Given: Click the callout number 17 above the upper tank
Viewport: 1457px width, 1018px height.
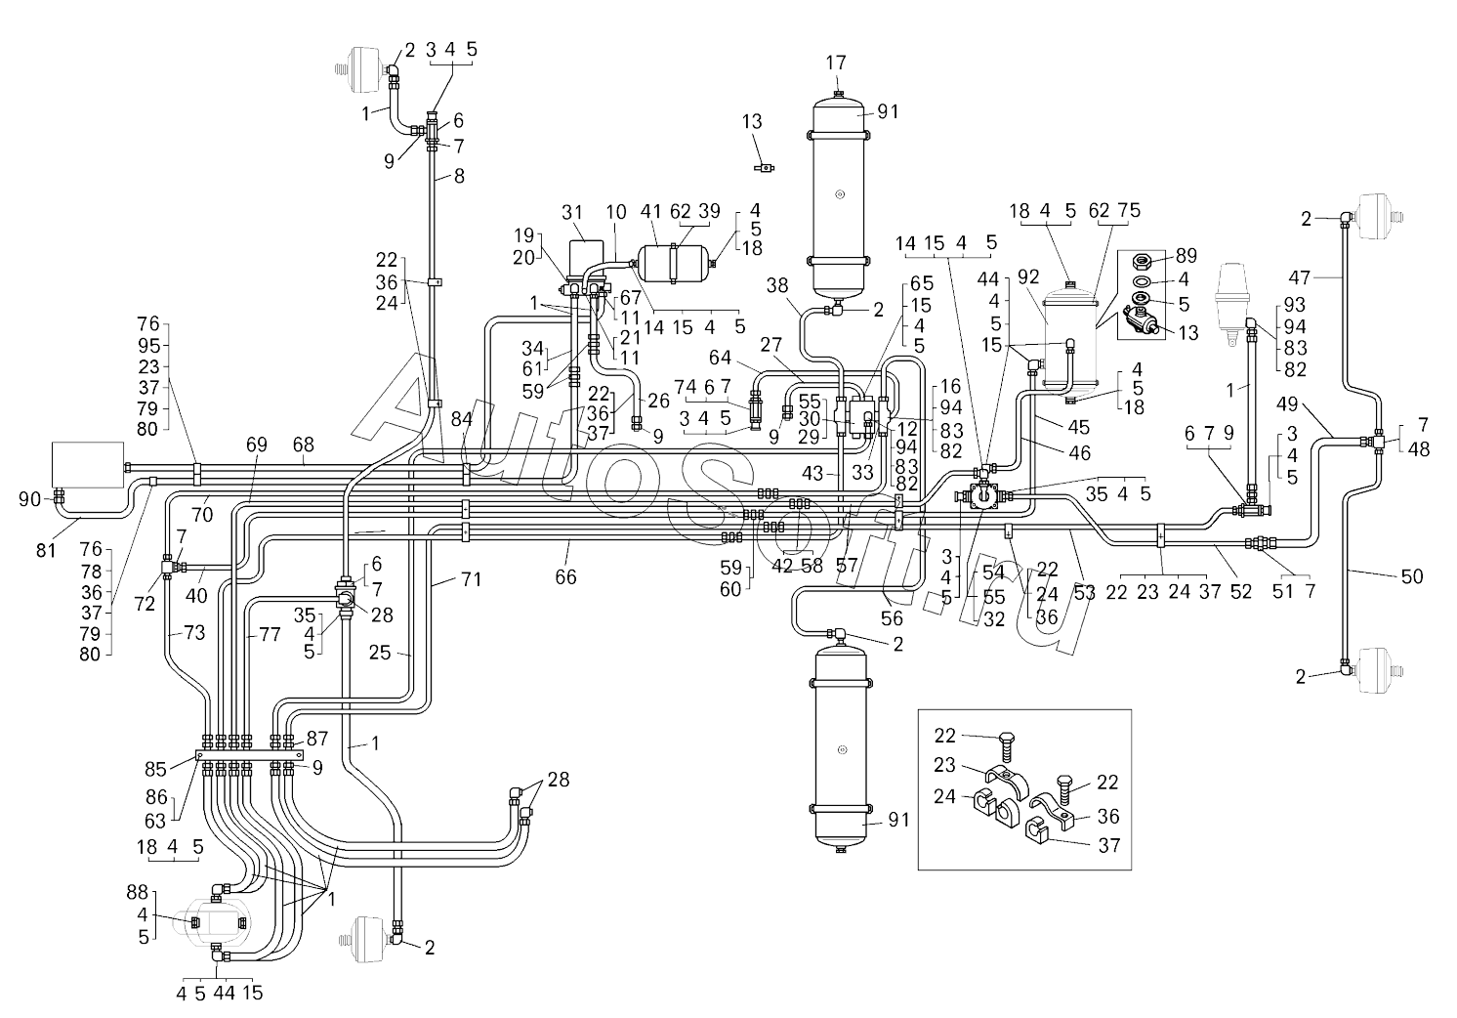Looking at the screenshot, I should (x=836, y=63).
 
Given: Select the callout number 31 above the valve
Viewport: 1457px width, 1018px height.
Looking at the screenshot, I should (x=573, y=213).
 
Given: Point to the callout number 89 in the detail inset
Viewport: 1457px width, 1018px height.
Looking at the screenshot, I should (x=1186, y=256).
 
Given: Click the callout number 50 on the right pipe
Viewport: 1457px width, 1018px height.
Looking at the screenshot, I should (x=1411, y=577).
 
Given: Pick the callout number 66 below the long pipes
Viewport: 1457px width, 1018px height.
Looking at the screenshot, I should (x=565, y=577).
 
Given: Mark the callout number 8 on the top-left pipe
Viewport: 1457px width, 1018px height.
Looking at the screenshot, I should (x=459, y=177).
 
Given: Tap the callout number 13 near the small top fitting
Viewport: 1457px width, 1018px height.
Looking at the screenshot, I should (x=751, y=121).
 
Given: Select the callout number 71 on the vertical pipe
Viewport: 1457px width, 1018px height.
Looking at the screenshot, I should (x=472, y=580).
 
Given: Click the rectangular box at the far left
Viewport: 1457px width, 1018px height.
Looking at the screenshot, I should (x=88, y=462).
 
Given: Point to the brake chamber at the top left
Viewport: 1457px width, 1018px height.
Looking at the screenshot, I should (x=363, y=70).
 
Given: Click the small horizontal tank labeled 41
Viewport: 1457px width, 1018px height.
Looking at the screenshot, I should (x=674, y=262).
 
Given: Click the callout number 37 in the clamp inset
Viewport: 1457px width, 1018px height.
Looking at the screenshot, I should (x=1109, y=846).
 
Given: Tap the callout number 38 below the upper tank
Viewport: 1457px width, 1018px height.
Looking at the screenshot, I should (x=775, y=286).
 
